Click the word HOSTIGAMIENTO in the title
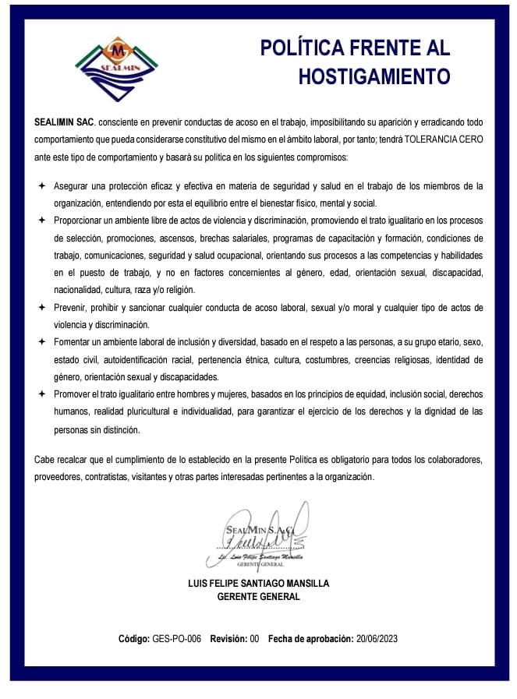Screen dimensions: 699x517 (374, 76)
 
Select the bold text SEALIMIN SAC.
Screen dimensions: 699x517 (63, 122)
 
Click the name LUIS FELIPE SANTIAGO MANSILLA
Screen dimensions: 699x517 (259, 583)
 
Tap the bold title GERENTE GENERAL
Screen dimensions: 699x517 (258, 597)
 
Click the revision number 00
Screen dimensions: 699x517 (254, 639)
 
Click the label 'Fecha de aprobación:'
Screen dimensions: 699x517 (310, 639)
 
